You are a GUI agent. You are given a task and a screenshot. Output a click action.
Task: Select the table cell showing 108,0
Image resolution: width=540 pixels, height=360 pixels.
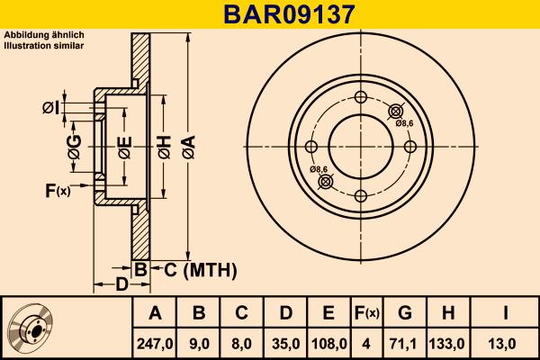(328, 343)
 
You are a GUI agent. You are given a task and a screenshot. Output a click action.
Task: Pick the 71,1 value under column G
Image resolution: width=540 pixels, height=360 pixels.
(405, 343)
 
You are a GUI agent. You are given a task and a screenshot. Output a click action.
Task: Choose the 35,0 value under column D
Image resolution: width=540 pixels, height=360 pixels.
(285, 343)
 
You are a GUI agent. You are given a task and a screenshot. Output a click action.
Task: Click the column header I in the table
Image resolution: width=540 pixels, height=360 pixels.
(506, 313)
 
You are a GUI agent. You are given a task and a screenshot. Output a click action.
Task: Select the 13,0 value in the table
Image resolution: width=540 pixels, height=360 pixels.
(506, 343)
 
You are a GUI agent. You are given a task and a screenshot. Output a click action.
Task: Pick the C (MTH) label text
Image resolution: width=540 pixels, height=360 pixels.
(200, 269)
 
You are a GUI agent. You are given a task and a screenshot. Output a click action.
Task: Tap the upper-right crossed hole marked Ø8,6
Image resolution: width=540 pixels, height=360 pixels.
(394, 112)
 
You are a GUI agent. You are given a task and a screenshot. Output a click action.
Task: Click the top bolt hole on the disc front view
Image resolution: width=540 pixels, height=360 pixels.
(360, 98)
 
